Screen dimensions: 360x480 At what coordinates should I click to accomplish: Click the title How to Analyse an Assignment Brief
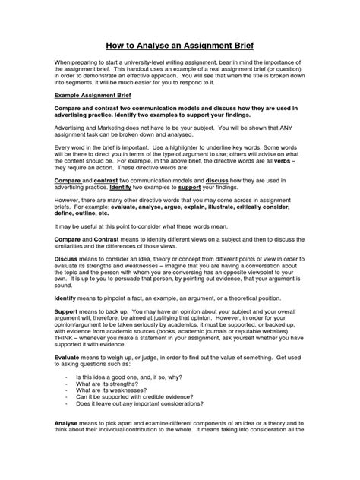179,45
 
